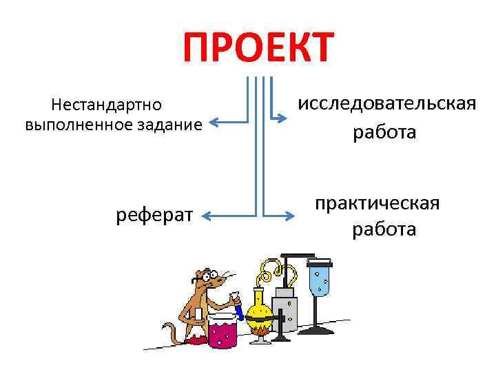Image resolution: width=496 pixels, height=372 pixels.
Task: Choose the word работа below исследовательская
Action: click(x=384, y=132)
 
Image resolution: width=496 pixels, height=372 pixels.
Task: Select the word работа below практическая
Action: click(x=384, y=228)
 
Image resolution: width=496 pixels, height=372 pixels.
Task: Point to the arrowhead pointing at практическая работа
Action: click(x=283, y=218)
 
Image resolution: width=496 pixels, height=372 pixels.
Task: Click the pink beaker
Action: click(x=222, y=333)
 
